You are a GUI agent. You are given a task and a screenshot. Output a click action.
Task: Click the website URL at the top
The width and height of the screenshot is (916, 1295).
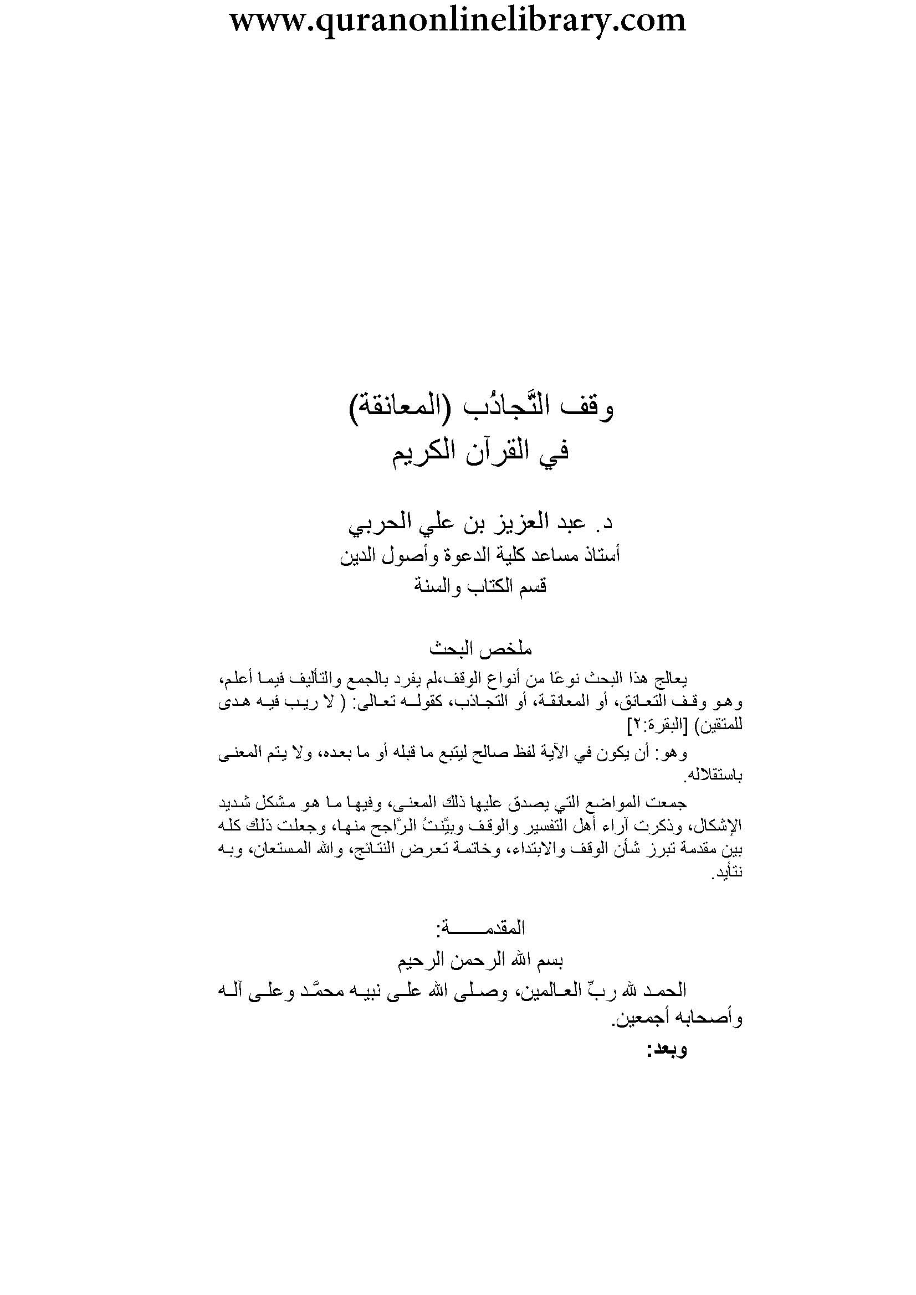pyautogui.click(x=458, y=21)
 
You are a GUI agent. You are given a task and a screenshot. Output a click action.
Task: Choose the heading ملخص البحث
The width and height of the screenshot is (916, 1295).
pyautogui.click(x=482, y=649)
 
